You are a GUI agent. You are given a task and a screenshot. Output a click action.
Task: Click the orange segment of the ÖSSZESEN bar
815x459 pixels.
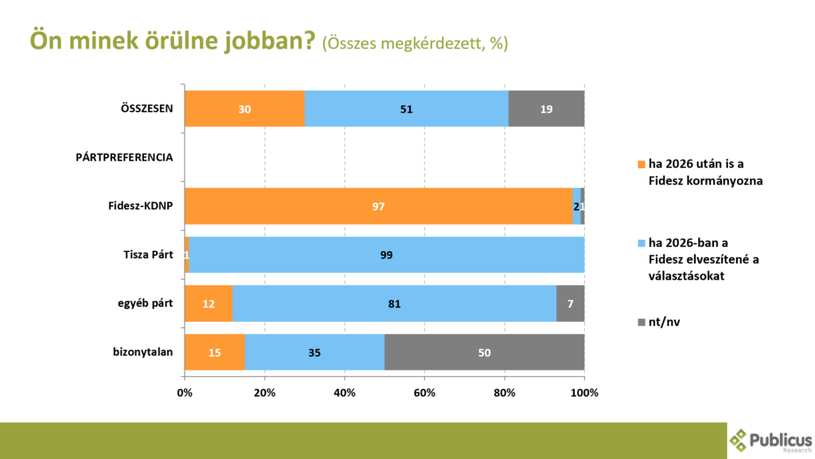244,108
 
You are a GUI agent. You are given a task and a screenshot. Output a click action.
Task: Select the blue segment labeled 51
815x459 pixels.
406,108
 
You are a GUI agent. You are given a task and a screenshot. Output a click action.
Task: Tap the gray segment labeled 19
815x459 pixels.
546,108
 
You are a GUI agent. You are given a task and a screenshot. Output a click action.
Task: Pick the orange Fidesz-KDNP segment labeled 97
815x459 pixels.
378,206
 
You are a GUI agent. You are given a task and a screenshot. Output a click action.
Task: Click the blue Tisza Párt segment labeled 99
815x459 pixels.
387,255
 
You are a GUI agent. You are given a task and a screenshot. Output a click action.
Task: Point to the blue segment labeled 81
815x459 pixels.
394,304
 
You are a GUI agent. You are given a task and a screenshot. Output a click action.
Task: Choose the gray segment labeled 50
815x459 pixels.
485,352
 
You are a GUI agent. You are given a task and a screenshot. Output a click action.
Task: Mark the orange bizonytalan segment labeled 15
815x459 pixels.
214,352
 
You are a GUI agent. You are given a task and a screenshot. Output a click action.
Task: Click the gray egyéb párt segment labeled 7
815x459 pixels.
570,304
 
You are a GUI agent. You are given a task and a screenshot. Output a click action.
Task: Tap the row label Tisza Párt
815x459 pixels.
147,255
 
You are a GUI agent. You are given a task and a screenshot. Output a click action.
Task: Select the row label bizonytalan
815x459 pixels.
143,352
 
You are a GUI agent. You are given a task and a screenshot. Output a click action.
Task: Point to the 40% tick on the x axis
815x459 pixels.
345,392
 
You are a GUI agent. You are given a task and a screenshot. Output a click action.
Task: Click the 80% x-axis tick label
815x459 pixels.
505,392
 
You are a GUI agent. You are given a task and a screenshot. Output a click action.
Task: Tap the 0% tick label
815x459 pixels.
185,392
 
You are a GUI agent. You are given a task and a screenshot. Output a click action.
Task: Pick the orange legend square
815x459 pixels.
641,163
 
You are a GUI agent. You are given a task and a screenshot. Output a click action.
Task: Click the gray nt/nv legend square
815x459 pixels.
641,320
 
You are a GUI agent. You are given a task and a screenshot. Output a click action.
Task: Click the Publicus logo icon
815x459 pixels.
739,440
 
